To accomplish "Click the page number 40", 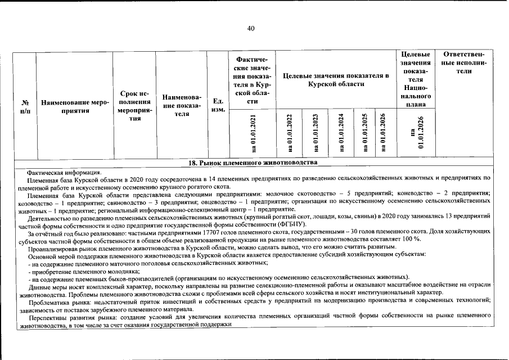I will tap(251, 29).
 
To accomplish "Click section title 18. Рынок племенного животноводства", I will tap(253, 163).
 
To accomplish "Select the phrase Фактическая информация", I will tap(64, 172).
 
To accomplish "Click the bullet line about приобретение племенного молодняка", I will tap(79, 270).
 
